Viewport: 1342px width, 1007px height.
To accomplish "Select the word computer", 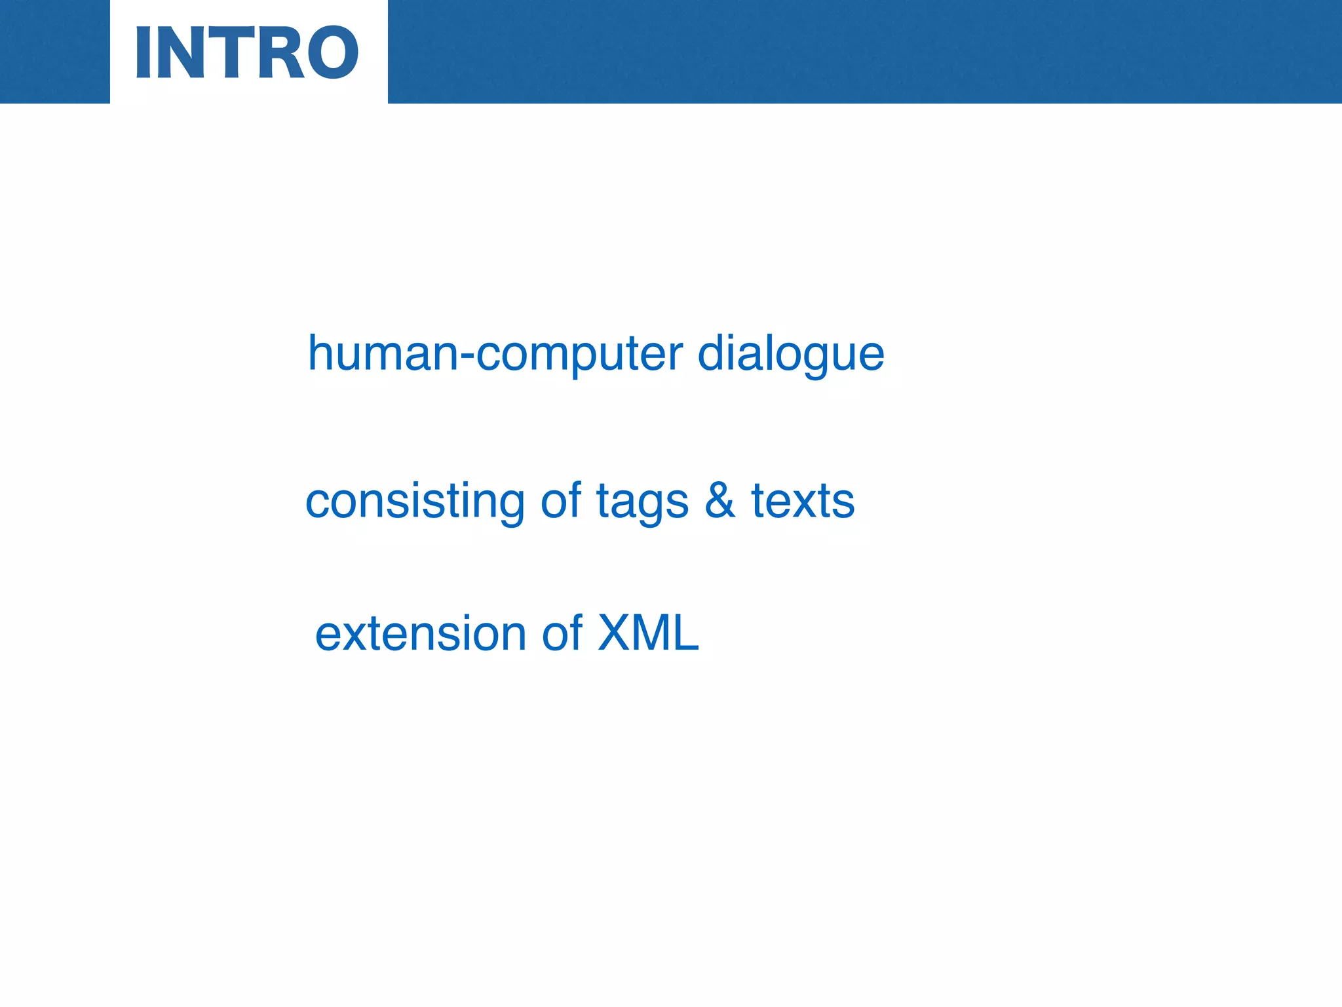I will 579,357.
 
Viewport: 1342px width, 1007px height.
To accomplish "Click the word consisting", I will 415,502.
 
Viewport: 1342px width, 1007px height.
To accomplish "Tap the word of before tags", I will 561,501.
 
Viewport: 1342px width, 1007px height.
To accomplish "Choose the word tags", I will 642,503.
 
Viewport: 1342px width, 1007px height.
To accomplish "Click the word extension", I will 421,635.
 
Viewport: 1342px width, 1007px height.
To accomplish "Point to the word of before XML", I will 562,634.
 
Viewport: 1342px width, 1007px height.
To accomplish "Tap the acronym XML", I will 648,633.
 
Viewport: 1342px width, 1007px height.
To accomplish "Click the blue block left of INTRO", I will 54,51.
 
